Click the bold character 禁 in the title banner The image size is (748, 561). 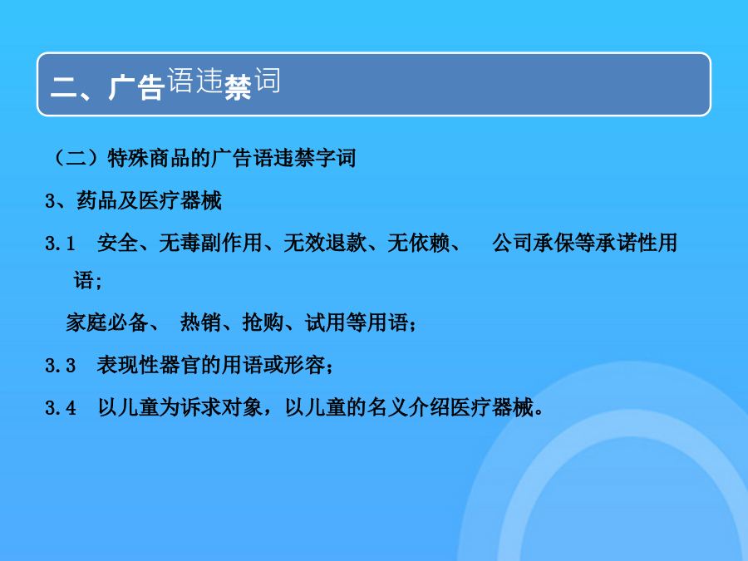point(237,87)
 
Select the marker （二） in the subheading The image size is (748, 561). point(76,158)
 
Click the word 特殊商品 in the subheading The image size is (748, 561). point(149,158)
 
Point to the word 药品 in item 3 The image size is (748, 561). point(97,200)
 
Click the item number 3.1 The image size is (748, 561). point(60,244)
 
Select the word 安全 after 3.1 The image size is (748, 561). point(117,243)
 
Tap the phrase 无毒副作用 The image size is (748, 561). point(210,243)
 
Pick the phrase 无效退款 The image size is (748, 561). point(325,243)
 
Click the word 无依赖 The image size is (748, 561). point(418,243)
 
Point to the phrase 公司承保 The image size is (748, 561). point(533,243)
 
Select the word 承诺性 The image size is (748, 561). point(615,243)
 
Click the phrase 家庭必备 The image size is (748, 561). point(107,322)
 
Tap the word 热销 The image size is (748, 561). point(200,322)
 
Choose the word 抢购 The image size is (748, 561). point(263,322)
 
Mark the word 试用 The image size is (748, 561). point(325,322)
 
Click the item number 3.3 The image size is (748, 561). point(60,366)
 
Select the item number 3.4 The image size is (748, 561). point(60,408)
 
